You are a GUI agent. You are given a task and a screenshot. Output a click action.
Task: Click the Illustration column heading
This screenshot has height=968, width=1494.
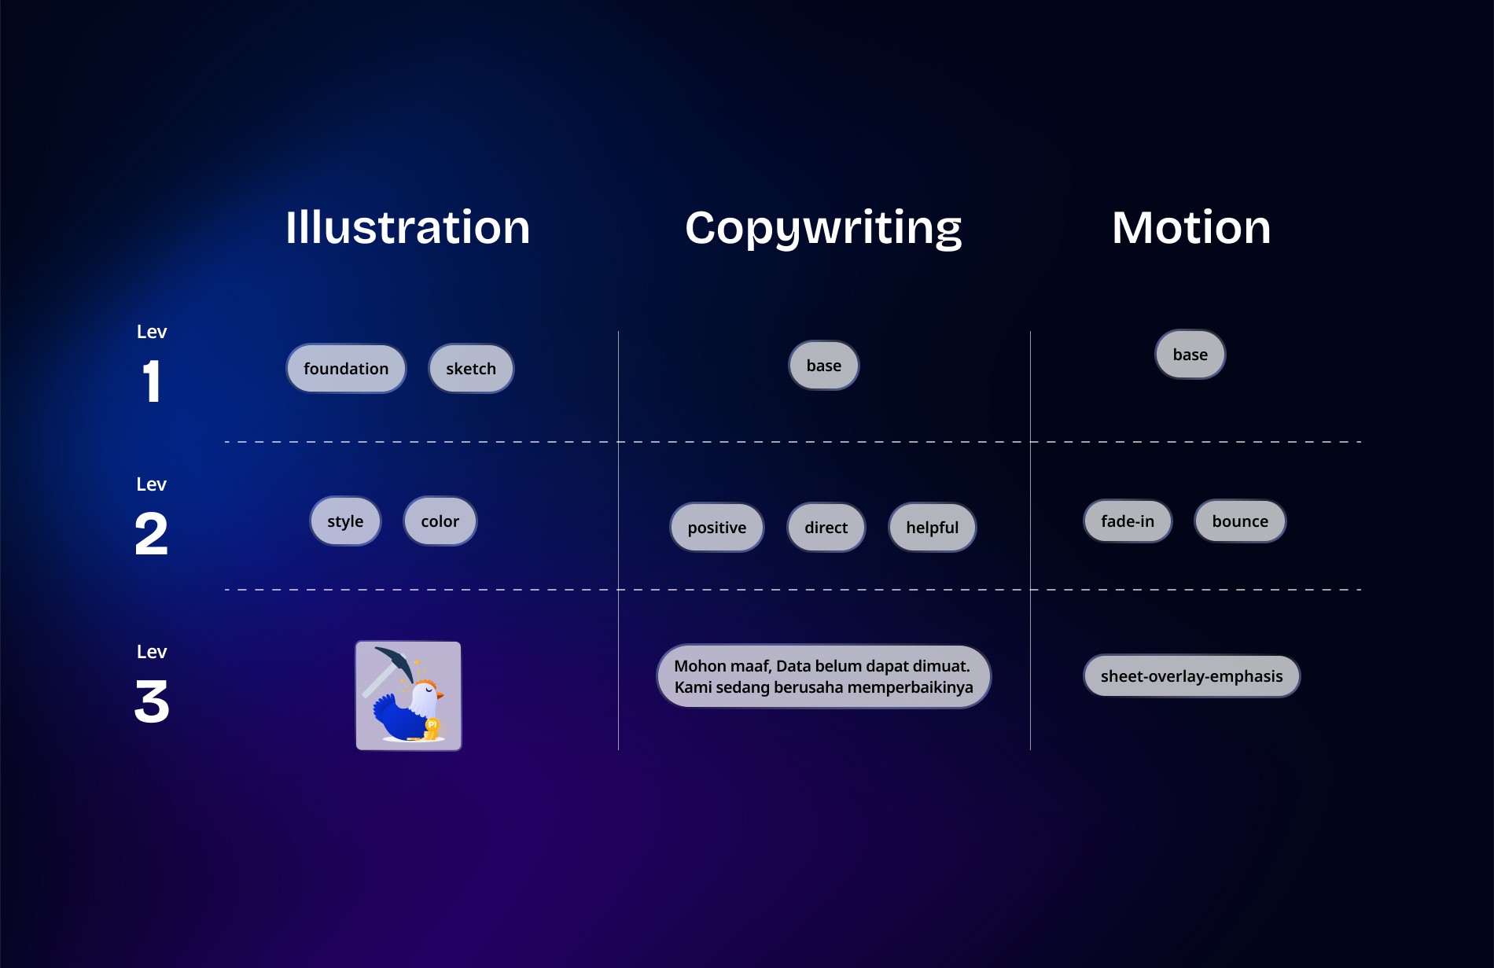coord(407,228)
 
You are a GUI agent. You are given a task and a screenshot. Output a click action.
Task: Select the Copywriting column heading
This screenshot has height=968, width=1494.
coord(823,228)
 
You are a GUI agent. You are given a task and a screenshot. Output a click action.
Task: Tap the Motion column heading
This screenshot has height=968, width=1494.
coord(1190,228)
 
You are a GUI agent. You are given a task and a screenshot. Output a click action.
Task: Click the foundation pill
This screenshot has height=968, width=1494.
coord(346,369)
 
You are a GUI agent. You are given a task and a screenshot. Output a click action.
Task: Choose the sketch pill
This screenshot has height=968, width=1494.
coord(471,369)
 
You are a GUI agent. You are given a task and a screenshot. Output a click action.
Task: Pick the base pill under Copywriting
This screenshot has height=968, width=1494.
coord(823,366)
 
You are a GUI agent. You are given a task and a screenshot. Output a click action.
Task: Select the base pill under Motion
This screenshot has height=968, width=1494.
coord(1190,355)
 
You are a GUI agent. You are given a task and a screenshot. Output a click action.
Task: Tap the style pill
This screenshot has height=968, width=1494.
coord(345,521)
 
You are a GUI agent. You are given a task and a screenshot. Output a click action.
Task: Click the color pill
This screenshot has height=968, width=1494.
coord(440,521)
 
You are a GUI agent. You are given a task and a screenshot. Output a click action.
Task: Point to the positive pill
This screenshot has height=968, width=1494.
coord(716,528)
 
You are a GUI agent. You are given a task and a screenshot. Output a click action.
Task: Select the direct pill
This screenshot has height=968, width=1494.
coord(826,528)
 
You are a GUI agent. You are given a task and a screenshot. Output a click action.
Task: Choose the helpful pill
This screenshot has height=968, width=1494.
coord(932,528)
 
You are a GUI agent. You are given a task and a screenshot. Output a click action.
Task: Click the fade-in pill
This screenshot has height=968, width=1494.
coord(1128,521)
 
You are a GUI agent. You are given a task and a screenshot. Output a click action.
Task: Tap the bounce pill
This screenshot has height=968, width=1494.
coord(1240,521)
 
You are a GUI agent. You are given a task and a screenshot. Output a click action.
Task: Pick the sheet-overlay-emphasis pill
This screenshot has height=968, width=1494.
coord(1191,676)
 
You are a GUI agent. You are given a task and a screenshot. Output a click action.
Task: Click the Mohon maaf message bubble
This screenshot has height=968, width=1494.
coord(823,676)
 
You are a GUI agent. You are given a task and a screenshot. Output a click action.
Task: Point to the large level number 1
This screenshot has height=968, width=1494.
coord(152,382)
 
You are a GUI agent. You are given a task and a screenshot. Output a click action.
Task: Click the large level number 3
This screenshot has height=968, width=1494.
coord(152,701)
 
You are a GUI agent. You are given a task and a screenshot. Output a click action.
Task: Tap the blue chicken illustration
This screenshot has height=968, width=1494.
coord(408,696)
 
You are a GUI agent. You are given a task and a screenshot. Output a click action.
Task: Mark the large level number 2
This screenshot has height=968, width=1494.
coord(152,534)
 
